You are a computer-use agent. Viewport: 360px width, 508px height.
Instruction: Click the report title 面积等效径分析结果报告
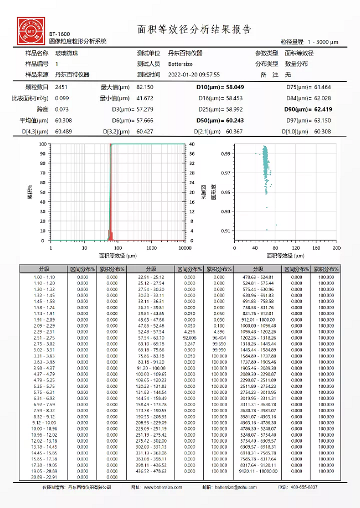(194, 30)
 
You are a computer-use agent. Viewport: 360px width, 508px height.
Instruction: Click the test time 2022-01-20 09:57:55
(194, 74)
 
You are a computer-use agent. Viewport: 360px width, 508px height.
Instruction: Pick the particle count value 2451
(61, 87)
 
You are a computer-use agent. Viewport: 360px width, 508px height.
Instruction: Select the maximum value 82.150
(145, 87)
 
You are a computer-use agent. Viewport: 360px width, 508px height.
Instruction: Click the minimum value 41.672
(145, 99)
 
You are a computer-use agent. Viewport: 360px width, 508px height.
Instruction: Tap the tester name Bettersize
(181, 64)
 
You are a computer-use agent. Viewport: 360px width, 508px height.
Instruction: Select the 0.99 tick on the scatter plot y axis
(225, 154)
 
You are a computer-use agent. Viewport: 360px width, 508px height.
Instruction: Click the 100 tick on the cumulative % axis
(43, 144)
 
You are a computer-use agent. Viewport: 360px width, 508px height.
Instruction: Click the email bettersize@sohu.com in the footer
(235, 488)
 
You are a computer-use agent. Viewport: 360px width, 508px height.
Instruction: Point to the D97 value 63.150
(322, 120)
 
